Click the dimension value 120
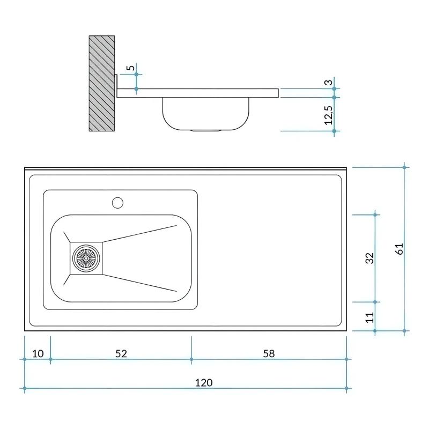(x=204, y=382)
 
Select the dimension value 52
(x=121, y=353)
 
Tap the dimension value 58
(x=269, y=353)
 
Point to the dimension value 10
(x=38, y=353)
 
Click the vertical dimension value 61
(x=398, y=248)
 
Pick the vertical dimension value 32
(x=369, y=258)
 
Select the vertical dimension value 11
(x=369, y=317)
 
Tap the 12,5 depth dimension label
(x=329, y=115)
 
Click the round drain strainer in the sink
(x=86, y=257)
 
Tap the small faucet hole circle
(x=117, y=203)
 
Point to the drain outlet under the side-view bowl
(x=206, y=130)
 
